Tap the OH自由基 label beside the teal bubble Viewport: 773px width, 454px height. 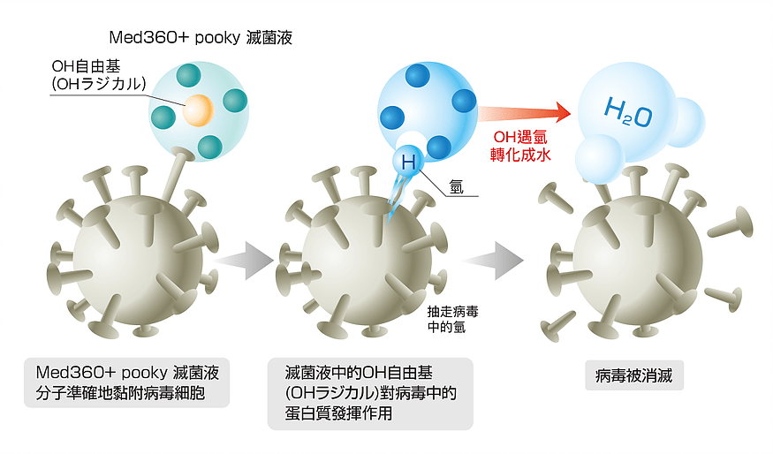87,67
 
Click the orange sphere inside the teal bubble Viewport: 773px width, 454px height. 199,110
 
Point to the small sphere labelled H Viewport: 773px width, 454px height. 408,161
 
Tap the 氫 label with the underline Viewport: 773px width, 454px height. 457,186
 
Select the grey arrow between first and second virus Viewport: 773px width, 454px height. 244,259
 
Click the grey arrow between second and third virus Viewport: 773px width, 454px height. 492,259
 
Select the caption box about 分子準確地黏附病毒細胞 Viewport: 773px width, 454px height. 126,382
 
